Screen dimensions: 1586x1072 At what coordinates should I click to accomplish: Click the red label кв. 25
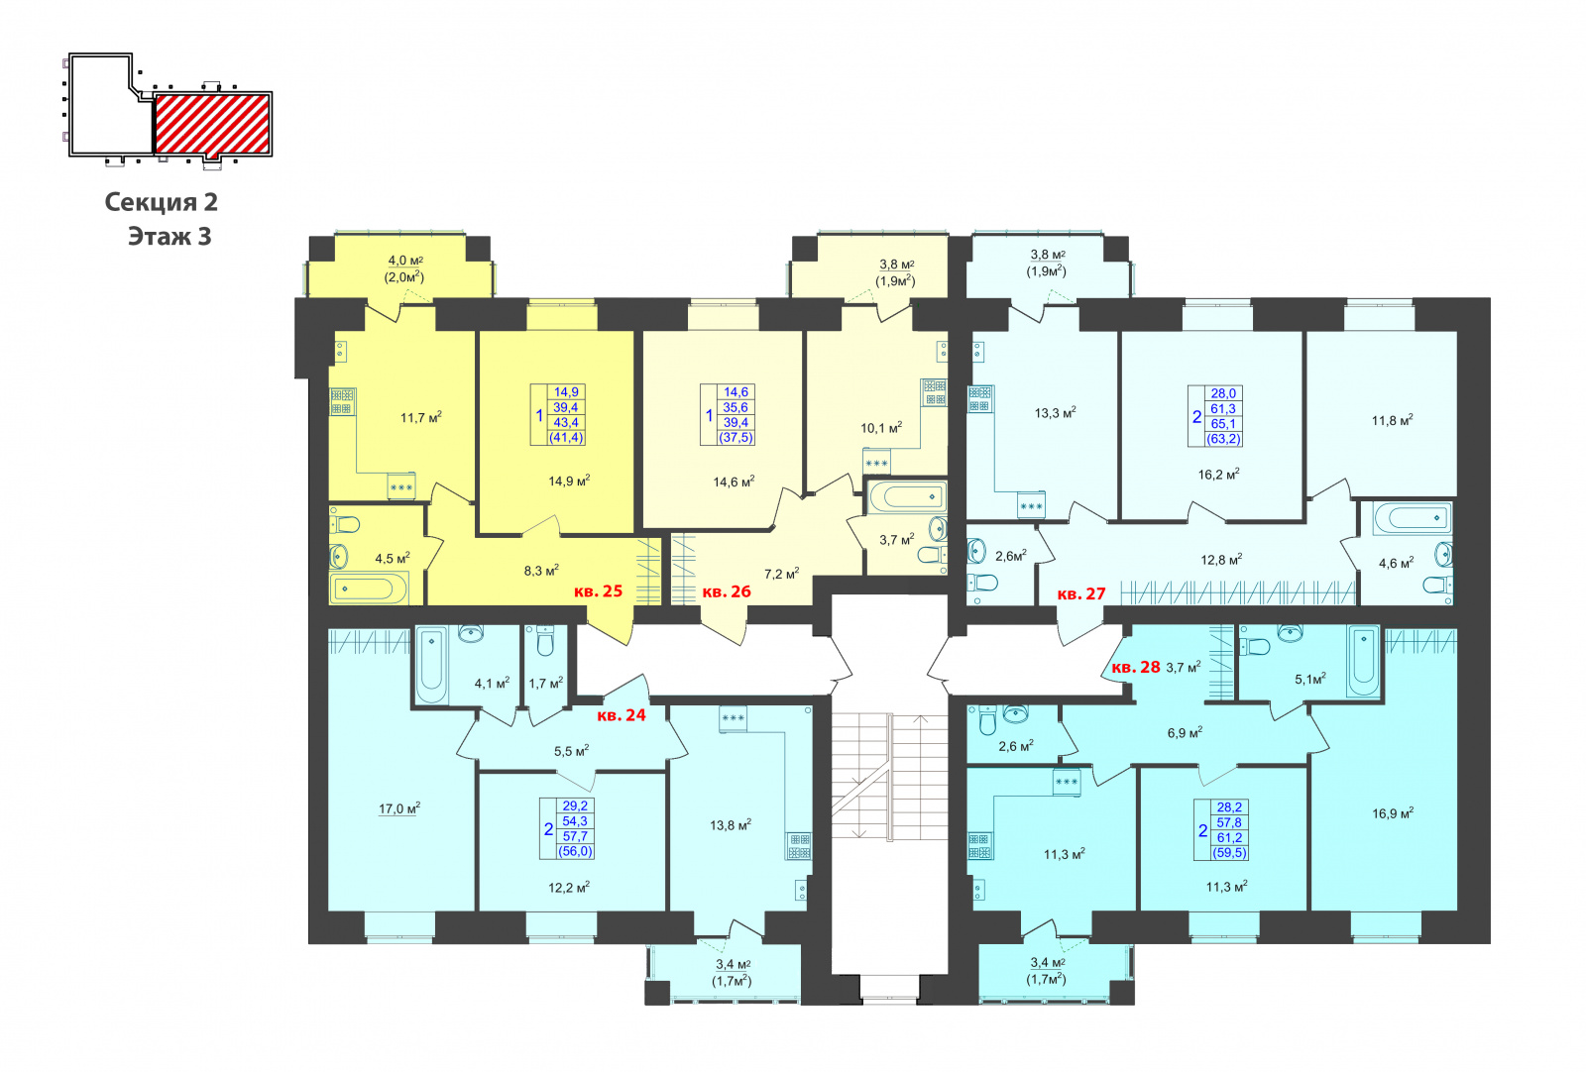[x=599, y=590]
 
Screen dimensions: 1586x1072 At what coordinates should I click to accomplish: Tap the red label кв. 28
[x=1136, y=667]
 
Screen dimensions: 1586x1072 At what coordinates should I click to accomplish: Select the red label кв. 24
[x=622, y=715]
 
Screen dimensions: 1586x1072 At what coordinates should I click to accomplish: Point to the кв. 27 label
[x=1081, y=593]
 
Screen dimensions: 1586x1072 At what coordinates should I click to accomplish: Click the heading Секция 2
[x=162, y=202]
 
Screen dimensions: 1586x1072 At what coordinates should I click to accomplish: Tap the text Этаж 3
[x=170, y=237]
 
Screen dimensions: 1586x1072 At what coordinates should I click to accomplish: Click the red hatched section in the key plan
[x=212, y=124]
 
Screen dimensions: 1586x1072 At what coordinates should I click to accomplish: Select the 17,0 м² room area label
[x=400, y=808]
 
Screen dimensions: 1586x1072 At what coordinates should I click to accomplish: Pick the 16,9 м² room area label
[x=1393, y=813]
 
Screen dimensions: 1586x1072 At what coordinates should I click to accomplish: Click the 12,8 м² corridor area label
[x=1221, y=560]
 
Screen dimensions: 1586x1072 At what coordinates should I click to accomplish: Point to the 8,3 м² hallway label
[x=541, y=571]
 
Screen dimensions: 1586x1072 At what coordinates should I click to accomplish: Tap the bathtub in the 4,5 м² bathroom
[x=369, y=589]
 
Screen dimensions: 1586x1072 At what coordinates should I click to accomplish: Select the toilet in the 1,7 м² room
[x=544, y=641]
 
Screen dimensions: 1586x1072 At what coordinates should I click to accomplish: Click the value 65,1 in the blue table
[x=1223, y=424]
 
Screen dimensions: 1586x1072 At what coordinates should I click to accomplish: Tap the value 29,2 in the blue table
[x=575, y=805]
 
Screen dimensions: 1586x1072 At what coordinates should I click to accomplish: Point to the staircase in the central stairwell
[x=889, y=776]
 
